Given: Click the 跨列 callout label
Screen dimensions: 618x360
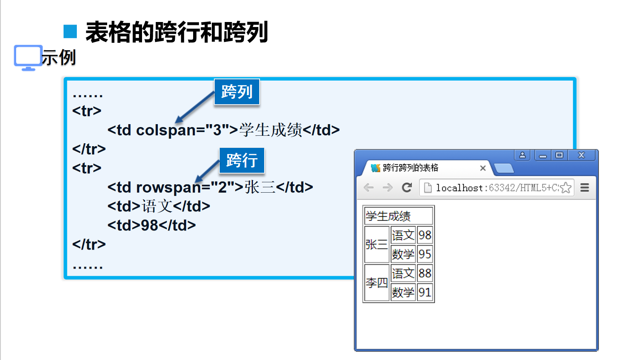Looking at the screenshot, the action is coord(237,92).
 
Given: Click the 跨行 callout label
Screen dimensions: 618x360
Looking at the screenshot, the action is coord(242,160).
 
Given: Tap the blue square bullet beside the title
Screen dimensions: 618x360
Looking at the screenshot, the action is coord(70,32).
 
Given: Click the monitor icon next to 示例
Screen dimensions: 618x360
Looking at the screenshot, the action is coord(28,58).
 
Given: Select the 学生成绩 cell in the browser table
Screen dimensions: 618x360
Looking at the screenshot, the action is coord(398,216).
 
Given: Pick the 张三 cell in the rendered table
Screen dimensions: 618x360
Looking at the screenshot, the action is coord(376,245).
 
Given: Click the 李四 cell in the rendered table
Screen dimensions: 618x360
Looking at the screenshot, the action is coord(376,283).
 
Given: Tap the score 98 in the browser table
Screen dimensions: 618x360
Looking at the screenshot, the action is coord(424,235).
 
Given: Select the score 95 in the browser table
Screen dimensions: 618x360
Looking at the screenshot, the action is coord(424,254).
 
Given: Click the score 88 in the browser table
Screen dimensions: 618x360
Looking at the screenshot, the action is coord(424,273).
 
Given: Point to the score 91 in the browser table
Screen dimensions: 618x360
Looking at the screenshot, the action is coord(424,292).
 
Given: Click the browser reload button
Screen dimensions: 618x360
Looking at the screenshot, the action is coord(407,188).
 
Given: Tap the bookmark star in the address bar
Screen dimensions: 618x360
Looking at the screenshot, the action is coord(565,188).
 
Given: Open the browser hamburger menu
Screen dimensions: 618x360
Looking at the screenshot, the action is coord(585,188).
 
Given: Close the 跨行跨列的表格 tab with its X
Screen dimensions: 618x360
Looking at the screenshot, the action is coord(483,168).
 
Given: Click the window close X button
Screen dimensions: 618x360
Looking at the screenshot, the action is coord(581,155).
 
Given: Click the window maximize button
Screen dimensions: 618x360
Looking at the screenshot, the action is coord(559,155).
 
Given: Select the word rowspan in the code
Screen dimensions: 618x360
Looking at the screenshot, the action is coord(169,187).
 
